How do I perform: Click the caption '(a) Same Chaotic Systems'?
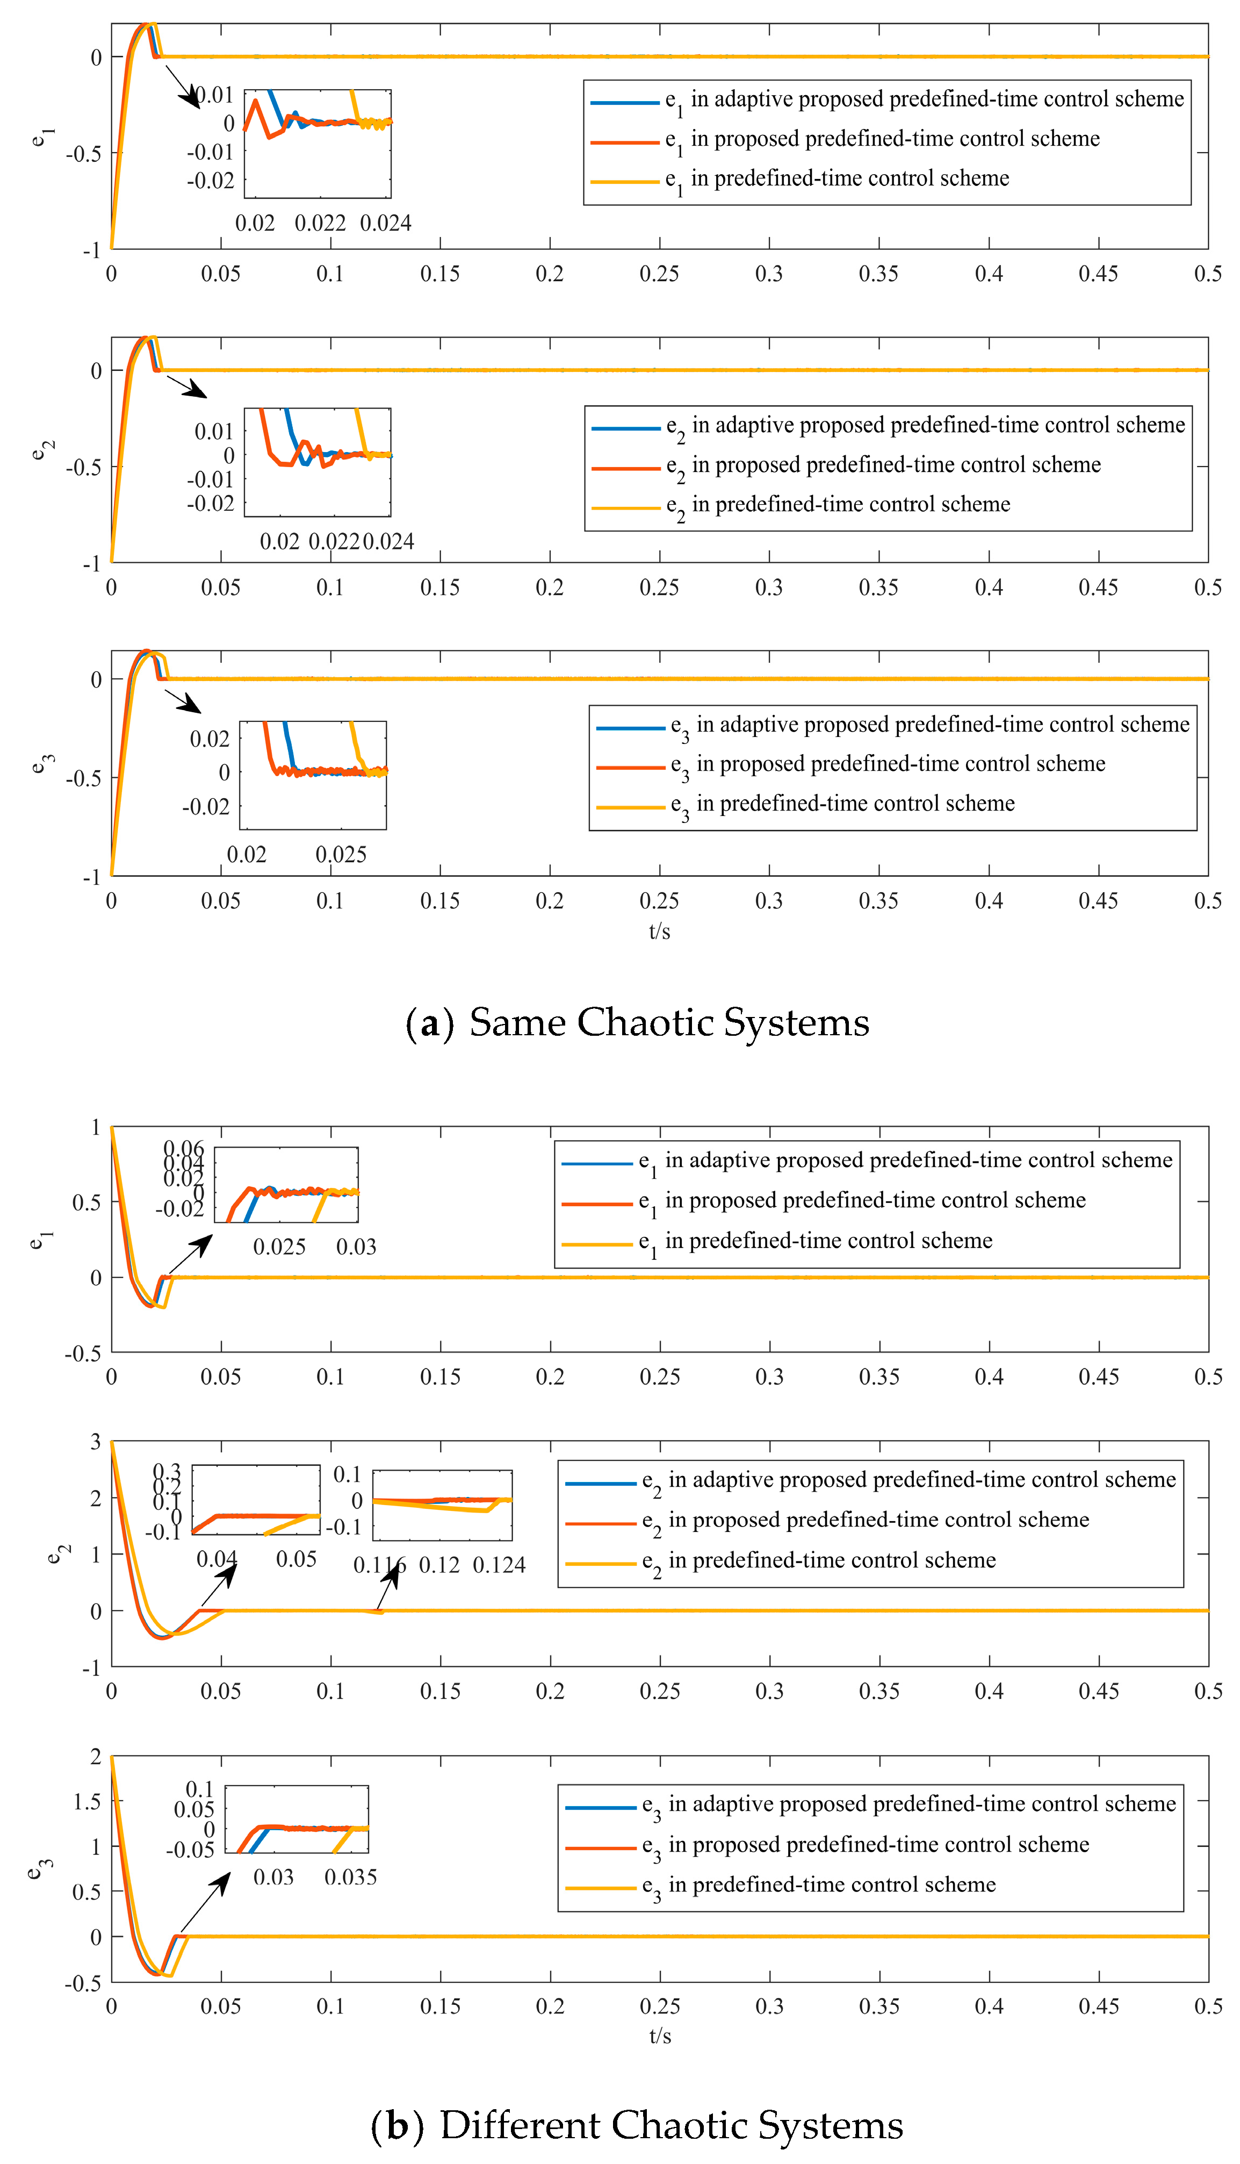click(x=637, y=1022)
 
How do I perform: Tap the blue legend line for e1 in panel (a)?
click(x=625, y=102)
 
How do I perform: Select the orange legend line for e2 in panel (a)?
click(x=626, y=468)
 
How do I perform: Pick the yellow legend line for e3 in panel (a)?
click(x=630, y=806)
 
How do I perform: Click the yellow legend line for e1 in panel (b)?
click(x=597, y=1244)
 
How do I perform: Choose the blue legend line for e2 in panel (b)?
click(x=601, y=1484)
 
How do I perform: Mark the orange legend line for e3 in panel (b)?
click(x=601, y=1848)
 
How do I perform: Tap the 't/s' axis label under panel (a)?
click(x=659, y=931)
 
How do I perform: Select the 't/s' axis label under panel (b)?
click(x=659, y=2036)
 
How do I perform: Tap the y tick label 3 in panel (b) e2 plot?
click(x=96, y=1442)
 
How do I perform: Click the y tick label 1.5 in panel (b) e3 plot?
click(x=87, y=1802)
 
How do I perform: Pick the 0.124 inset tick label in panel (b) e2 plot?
click(x=499, y=1565)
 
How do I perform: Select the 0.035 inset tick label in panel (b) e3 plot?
click(x=350, y=1877)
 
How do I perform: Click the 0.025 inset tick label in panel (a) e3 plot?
click(x=341, y=855)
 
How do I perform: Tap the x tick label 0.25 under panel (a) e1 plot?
click(x=659, y=274)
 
